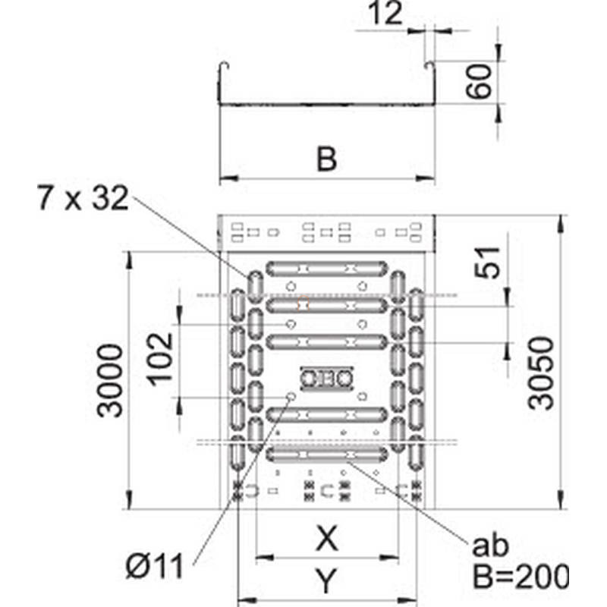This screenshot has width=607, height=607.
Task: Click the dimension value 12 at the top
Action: click(x=385, y=14)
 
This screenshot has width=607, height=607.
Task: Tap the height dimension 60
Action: click(x=479, y=81)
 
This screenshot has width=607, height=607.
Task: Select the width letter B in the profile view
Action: click(x=326, y=159)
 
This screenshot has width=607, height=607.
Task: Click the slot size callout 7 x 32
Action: click(x=83, y=197)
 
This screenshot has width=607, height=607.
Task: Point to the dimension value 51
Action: click(x=487, y=262)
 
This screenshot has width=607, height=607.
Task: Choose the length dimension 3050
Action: click(x=541, y=373)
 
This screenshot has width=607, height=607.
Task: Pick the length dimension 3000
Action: click(x=110, y=381)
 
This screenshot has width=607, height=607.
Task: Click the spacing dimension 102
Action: click(x=160, y=359)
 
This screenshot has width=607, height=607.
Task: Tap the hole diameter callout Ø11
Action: click(x=154, y=566)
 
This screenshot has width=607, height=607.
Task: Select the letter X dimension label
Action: click(x=327, y=538)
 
